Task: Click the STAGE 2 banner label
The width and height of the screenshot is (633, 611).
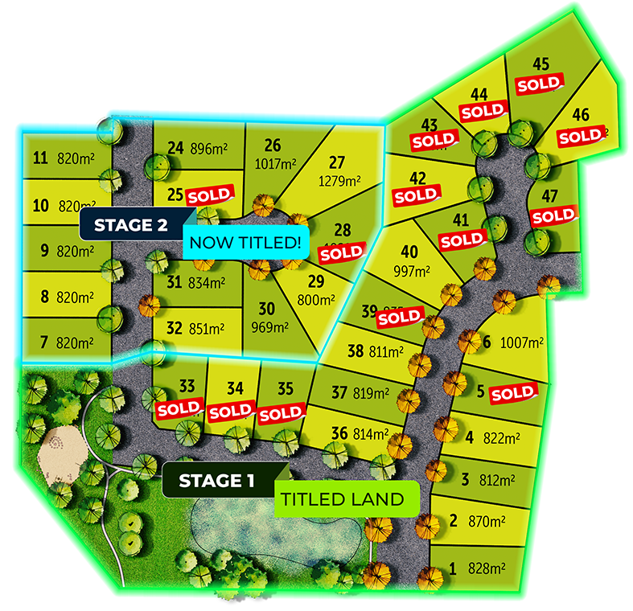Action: pos(130,225)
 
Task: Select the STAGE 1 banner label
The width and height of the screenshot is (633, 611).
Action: pos(216,481)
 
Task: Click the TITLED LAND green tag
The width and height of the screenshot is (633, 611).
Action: pos(341,499)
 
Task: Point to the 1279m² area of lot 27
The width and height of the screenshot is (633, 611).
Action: pos(339,181)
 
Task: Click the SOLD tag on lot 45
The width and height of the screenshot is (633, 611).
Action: pos(538,84)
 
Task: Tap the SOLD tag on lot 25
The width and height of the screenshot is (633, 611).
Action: pos(209,195)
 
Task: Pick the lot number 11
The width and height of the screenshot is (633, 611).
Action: pos(41,158)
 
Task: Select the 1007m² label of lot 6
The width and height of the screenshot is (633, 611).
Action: pos(523,342)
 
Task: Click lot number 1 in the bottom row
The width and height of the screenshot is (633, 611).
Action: pos(452,569)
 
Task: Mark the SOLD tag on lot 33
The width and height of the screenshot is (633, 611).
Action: pos(179,408)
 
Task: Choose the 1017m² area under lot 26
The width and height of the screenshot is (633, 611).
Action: pos(274,163)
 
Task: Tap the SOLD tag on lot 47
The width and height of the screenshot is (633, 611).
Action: pos(553,216)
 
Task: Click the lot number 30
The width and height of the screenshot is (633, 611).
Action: pos(266,309)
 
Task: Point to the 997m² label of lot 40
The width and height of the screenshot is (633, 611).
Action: pos(412,271)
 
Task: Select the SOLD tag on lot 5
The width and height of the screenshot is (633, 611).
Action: pos(512,394)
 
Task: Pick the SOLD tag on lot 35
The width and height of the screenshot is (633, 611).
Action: pos(281,414)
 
